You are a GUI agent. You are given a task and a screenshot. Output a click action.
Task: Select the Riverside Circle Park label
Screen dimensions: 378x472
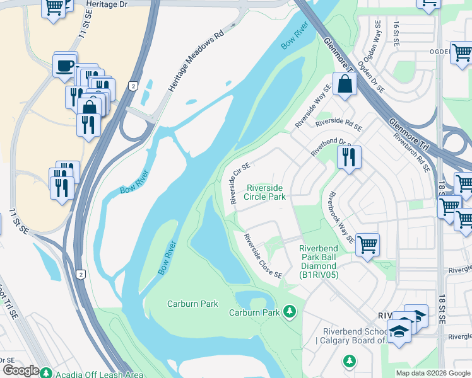point(266,192)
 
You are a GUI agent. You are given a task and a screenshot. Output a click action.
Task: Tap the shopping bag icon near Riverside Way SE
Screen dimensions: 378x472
point(345,84)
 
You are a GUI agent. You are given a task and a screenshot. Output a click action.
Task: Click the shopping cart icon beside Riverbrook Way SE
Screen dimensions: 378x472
point(367,244)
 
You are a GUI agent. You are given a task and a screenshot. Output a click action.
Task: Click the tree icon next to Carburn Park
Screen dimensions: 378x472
point(290,311)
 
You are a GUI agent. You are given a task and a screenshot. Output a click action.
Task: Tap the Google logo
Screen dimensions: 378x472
point(21,370)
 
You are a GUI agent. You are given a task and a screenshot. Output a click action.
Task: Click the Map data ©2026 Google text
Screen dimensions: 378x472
point(433,373)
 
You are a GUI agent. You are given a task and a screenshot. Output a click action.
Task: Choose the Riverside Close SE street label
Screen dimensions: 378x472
point(263,256)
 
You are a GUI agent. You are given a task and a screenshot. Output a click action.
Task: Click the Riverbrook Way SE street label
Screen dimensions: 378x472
point(338,216)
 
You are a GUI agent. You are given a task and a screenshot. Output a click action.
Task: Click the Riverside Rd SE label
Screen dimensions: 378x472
point(339,123)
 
